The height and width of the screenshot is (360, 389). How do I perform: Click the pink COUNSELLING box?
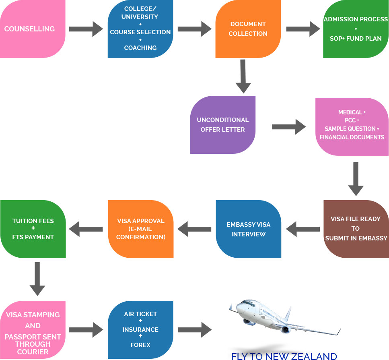click(32, 29)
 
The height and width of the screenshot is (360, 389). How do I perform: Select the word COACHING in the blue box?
click(140, 48)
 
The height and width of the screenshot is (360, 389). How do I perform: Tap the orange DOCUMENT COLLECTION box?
click(248, 29)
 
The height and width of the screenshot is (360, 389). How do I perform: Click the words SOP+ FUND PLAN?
click(356, 39)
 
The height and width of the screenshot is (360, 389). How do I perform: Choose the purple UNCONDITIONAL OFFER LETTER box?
click(222, 125)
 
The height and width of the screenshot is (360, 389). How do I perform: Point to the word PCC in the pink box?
click(350, 120)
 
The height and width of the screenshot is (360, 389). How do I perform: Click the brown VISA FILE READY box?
click(356, 229)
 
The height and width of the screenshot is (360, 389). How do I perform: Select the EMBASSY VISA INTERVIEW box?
click(248, 229)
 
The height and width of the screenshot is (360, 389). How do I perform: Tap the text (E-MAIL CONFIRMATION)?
click(141, 233)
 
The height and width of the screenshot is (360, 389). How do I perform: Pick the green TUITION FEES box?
click(33, 229)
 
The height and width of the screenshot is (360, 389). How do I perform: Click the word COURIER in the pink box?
click(33, 352)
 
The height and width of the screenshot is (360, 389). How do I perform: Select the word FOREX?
click(140, 345)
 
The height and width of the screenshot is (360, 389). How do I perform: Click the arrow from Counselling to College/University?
click(86, 29)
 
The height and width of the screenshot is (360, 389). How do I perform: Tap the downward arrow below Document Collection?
click(243, 77)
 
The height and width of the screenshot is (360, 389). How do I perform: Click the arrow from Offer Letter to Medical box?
click(289, 127)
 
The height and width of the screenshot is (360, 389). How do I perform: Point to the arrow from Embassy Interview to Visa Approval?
click(194, 229)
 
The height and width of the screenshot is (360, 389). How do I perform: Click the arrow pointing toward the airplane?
click(195, 330)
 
